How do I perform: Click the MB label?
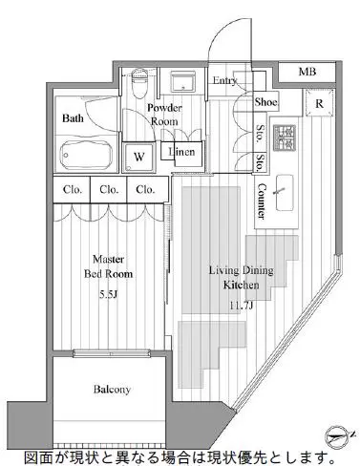coord(307,72)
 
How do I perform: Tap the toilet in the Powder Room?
coord(139,83)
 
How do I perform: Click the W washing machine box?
coord(139,157)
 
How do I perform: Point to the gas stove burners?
coord(285,138)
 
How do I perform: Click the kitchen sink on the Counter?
coord(285,192)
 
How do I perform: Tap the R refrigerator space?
coord(319,103)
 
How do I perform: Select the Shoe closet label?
coord(266,102)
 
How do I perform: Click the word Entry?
coord(224,81)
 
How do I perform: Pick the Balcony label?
coord(112,390)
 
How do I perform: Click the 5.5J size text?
coord(108,294)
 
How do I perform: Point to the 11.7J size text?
coord(242,306)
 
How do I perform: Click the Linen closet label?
coord(181,152)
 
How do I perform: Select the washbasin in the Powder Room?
coord(182,82)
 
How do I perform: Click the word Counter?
coord(262,201)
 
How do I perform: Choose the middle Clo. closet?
coord(109,190)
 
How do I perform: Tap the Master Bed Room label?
coord(108,266)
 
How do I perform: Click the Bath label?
coord(73,118)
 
